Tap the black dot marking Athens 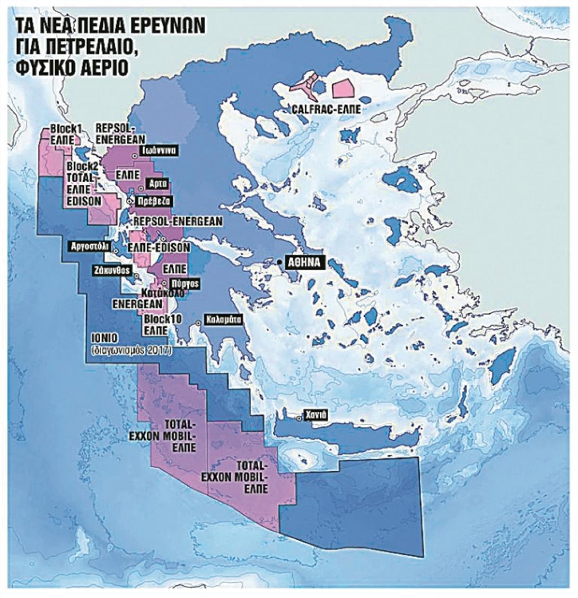tap(279, 262)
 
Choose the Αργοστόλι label tap(91, 246)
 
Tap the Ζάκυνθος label tap(110, 269)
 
